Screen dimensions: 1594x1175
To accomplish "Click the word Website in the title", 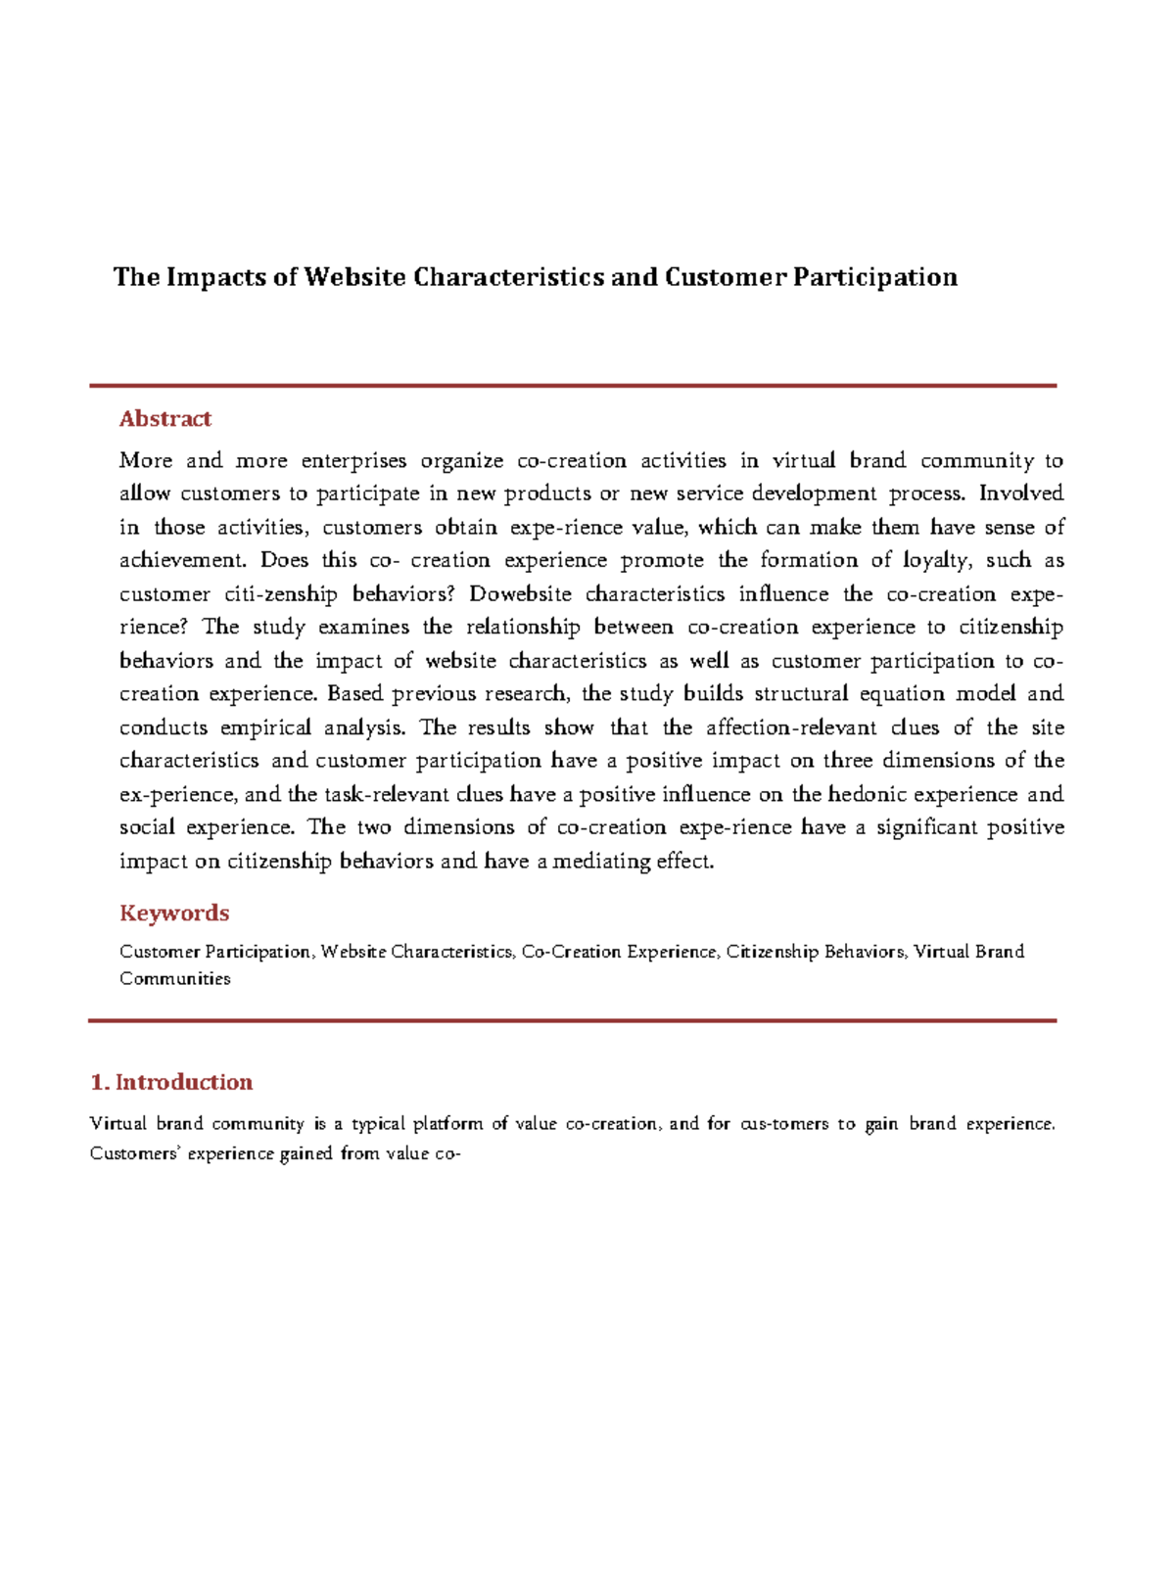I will pos(354,278).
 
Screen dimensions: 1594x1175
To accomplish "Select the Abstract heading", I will pos(164,419).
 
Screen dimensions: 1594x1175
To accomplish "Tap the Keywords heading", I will pos(174,914).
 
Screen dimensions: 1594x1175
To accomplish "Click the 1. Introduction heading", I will pos(171,1083).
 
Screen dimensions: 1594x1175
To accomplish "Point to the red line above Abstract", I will pos(573,386).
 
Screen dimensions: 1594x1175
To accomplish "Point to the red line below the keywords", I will pos(573,1021).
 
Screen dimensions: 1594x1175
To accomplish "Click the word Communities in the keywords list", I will pos(174,979).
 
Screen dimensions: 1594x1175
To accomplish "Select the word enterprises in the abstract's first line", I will pos(353,461).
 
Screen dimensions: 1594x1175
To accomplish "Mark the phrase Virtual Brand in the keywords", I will pos(969,952).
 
